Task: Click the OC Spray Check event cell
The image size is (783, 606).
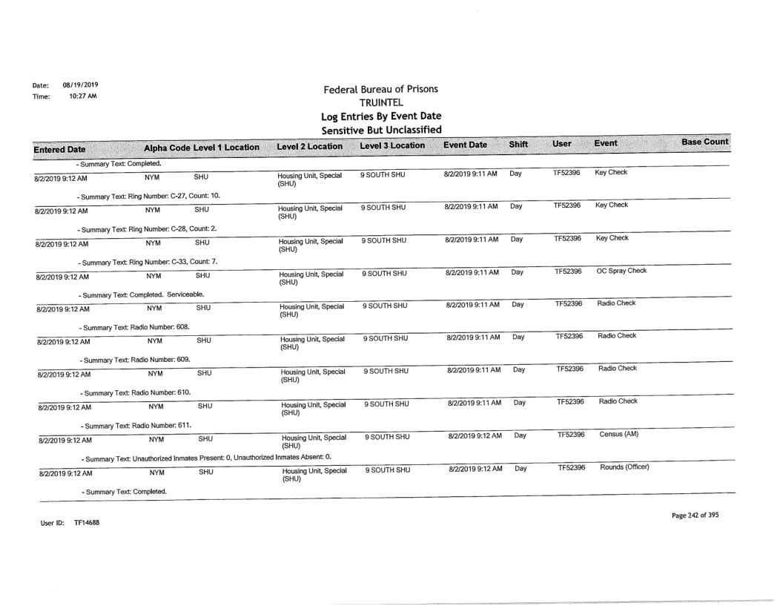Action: point(621,270)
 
